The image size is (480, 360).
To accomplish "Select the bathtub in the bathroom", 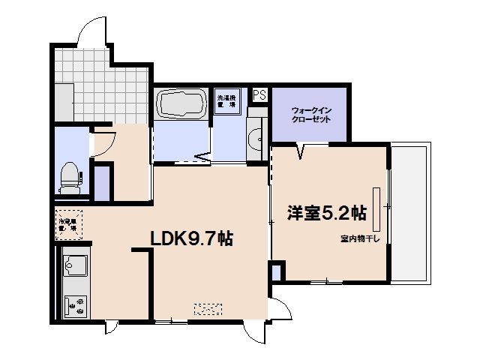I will click(180, 104).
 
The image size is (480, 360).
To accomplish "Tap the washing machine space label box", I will click(226, 102).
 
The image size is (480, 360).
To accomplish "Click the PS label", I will click(259, 95).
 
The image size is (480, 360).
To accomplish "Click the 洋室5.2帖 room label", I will click(326, 214).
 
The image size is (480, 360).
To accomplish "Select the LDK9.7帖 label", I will click(191, 239).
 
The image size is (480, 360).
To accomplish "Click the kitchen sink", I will click(75, 266).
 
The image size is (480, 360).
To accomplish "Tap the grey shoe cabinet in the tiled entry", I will click(64, 102).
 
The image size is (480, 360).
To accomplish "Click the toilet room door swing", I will click(104, 141).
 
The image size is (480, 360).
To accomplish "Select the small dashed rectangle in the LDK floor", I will click(208, 308).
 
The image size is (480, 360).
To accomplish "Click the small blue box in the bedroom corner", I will click(277, 271).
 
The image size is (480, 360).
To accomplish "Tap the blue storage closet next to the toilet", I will click(102, 181).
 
